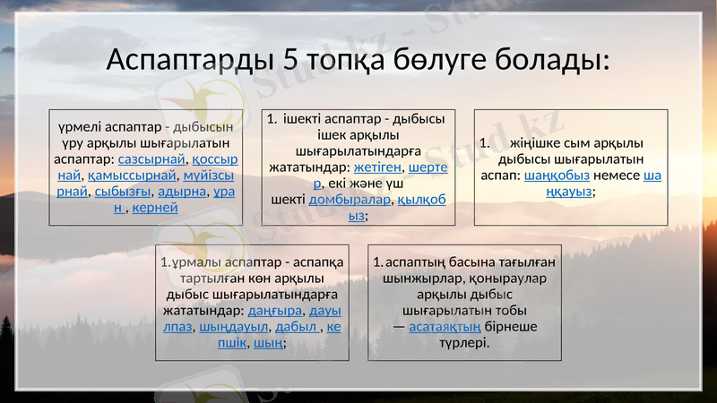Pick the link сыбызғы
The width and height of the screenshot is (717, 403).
(x=122, y=191)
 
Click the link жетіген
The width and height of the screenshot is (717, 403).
(x=377, y=167)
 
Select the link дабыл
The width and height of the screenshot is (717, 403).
(x=297, y=327)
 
